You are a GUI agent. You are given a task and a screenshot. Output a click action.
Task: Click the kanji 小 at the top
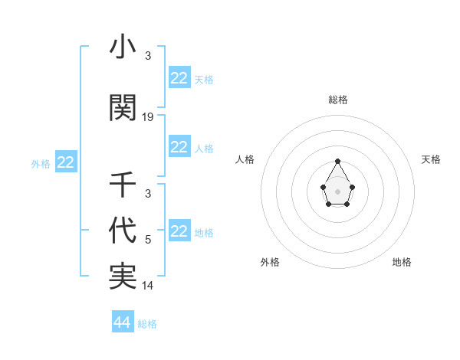(x=123, y=48)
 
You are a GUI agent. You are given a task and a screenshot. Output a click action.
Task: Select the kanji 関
(x=123, y=108)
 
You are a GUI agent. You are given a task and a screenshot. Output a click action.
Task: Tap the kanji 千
(x=123, y=185)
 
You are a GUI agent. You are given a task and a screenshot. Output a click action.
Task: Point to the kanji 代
(x=123, y=231)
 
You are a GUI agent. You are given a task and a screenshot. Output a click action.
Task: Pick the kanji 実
(x=123, y=277)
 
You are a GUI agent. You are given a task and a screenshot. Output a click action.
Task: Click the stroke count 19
(x=148, y=117)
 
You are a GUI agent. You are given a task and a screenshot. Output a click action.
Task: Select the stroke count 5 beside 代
(x=148, y=240)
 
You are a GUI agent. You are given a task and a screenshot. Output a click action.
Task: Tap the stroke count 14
(x=148, y=286)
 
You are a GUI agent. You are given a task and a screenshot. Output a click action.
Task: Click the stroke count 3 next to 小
(x=148, y=56)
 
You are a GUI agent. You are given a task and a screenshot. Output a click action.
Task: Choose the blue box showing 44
(x=123, y=322)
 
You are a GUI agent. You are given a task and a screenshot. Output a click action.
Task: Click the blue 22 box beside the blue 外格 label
(x=66, y=162)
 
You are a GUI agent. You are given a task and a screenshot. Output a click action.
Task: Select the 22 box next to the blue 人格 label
(x=179, y=147)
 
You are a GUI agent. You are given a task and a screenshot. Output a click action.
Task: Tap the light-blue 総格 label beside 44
(x=147, y=324)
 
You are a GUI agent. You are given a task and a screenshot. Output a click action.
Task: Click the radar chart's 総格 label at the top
(x=337, y=100)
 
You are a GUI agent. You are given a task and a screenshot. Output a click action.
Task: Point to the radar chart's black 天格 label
(x=431, y=159)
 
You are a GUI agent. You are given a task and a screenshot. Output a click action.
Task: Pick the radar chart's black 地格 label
(x=402, y=262)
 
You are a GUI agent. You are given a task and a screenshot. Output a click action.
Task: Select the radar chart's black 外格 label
(x=270, y=262)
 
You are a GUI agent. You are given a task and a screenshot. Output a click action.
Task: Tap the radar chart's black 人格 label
(x=245, y=159)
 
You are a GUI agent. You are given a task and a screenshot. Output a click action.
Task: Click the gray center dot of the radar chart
(x=337, y=190)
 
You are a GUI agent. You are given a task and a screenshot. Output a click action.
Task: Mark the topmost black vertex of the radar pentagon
(x=337, y=161)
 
